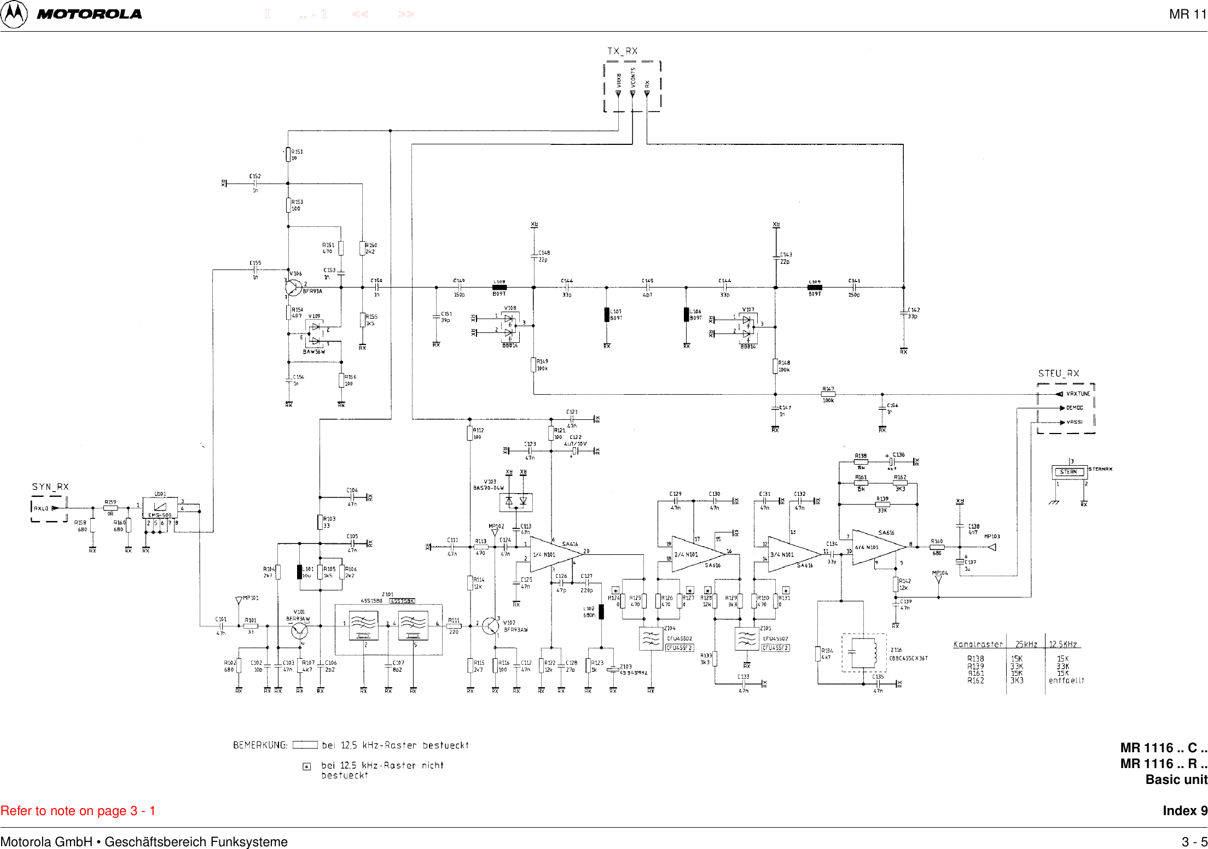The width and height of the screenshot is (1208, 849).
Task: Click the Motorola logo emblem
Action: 14,14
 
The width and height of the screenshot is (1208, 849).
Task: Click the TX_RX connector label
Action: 622,51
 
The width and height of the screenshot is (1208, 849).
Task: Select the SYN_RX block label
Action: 50,487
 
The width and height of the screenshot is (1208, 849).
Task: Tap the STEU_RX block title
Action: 1058,374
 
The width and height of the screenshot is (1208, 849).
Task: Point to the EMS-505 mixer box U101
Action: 160,508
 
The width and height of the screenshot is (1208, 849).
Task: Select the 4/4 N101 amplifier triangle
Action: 874,547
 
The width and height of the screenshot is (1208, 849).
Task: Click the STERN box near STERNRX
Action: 1068,472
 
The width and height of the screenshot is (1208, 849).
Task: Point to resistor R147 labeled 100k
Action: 828,394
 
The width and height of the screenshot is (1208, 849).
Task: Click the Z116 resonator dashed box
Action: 864,652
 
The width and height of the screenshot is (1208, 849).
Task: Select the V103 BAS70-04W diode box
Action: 516,501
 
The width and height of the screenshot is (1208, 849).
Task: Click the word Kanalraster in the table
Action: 978,645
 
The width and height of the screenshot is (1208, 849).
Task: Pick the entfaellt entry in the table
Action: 1066,681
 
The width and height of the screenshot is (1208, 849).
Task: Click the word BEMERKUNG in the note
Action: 260,745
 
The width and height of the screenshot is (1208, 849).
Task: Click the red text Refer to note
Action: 78,811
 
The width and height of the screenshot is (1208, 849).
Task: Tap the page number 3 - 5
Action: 1194,842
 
